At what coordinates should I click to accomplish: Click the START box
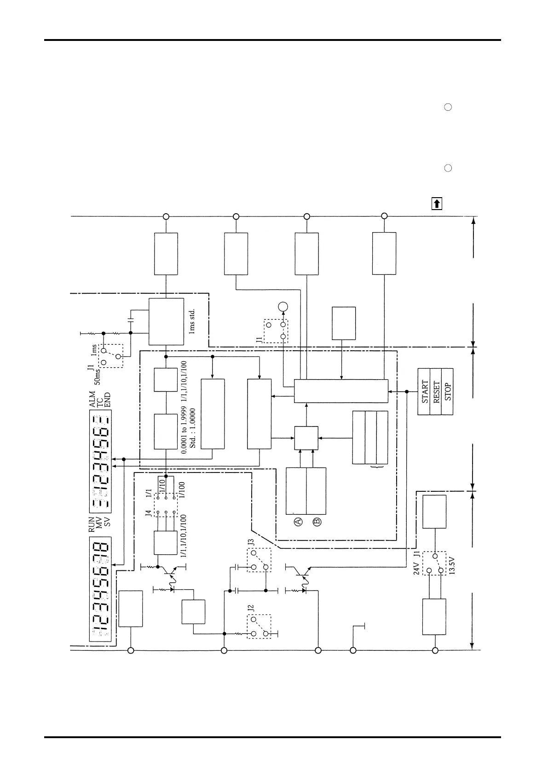(424, 392)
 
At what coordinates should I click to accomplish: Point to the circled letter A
(298, 521)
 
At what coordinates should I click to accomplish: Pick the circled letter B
(317, 521)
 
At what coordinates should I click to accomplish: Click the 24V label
(416, 568)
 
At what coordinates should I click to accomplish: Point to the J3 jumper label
(251, 542)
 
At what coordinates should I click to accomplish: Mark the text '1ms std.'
(192, 321)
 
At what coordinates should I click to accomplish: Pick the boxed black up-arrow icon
(437, 203)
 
